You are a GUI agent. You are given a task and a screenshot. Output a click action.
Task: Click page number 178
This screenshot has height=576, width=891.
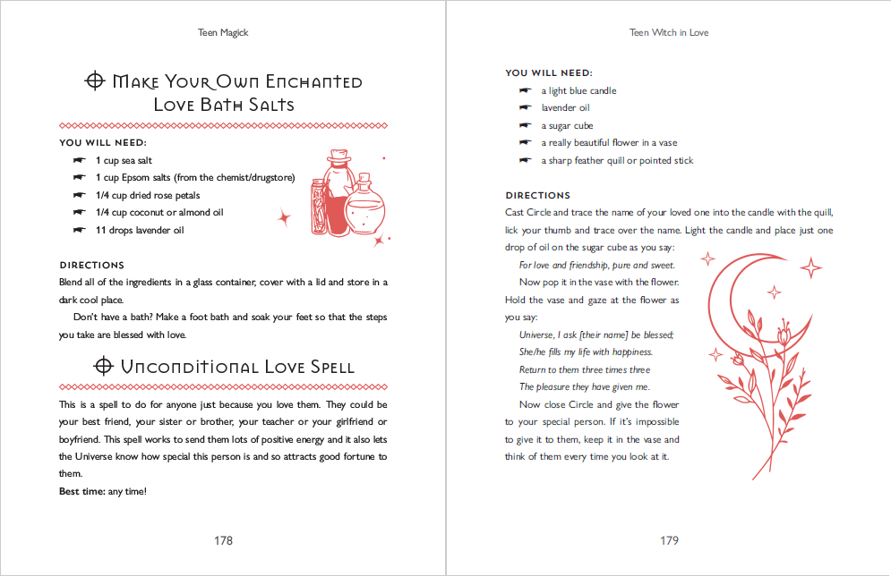coord(223,540)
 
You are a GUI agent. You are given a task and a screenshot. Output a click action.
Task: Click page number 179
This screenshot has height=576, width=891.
coord(669,540)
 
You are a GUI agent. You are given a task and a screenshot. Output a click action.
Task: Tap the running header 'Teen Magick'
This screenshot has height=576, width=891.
coord(223,33)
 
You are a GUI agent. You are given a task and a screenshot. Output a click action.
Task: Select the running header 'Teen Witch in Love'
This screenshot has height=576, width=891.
coord(669,33)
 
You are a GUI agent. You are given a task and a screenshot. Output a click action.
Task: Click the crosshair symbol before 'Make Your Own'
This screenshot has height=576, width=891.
coord(94,81)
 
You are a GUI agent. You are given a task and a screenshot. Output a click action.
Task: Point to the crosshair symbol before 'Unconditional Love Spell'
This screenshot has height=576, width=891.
coord(103,366)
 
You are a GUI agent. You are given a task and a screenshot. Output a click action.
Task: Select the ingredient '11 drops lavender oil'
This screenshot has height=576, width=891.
coord(139,230)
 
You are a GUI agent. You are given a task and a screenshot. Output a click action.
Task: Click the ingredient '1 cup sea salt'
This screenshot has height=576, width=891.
coord(124,160)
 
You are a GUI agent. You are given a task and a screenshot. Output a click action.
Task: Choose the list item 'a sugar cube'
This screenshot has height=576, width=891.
coord(567,126)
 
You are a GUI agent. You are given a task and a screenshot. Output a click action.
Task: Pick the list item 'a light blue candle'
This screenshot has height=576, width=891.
coord(578,91)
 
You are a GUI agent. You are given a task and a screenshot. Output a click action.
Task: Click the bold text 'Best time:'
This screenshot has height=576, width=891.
coord(81,491)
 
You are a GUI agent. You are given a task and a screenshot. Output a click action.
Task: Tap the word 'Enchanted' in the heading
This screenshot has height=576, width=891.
coord(310,81)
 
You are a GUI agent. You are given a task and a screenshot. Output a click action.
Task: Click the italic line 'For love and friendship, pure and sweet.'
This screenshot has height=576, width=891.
coord(596,265)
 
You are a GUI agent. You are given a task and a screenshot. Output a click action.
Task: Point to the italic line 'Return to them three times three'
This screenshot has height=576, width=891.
coord(585,369)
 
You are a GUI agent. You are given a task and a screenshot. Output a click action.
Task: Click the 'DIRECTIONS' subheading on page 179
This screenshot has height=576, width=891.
coord(537,195)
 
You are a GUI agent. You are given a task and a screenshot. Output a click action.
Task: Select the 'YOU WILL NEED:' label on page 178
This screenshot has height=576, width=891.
coord(103,143)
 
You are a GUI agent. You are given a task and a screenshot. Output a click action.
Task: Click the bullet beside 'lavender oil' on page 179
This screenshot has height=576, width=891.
coord(525,108)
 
